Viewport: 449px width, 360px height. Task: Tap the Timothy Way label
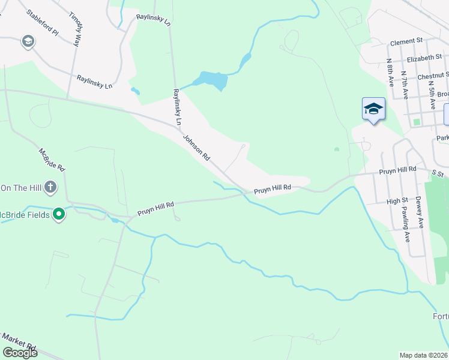pyautogui.click(x=75, y=28)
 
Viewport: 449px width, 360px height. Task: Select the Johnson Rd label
pyautogui.click(x=196, y=147)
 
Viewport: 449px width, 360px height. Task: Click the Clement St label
pyautogui.click(x=407, y=43)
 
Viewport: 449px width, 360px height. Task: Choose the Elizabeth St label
pyautogui.click(x=424, y=58)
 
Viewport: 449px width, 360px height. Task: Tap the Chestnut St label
pyautogui.click(x=432, y=76)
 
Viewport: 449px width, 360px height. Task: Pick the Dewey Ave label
pyautogui.click(x=420, y=213)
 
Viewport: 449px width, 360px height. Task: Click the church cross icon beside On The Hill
pyautogui.click(x=50, y=187)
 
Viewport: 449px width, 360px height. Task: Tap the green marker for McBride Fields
pyautogui.click(x=58, y=213)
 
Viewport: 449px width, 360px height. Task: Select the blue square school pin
pyautogui.click(x=373, y=109)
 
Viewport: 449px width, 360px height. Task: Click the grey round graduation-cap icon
pyautogui.click(x=27, y=41)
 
